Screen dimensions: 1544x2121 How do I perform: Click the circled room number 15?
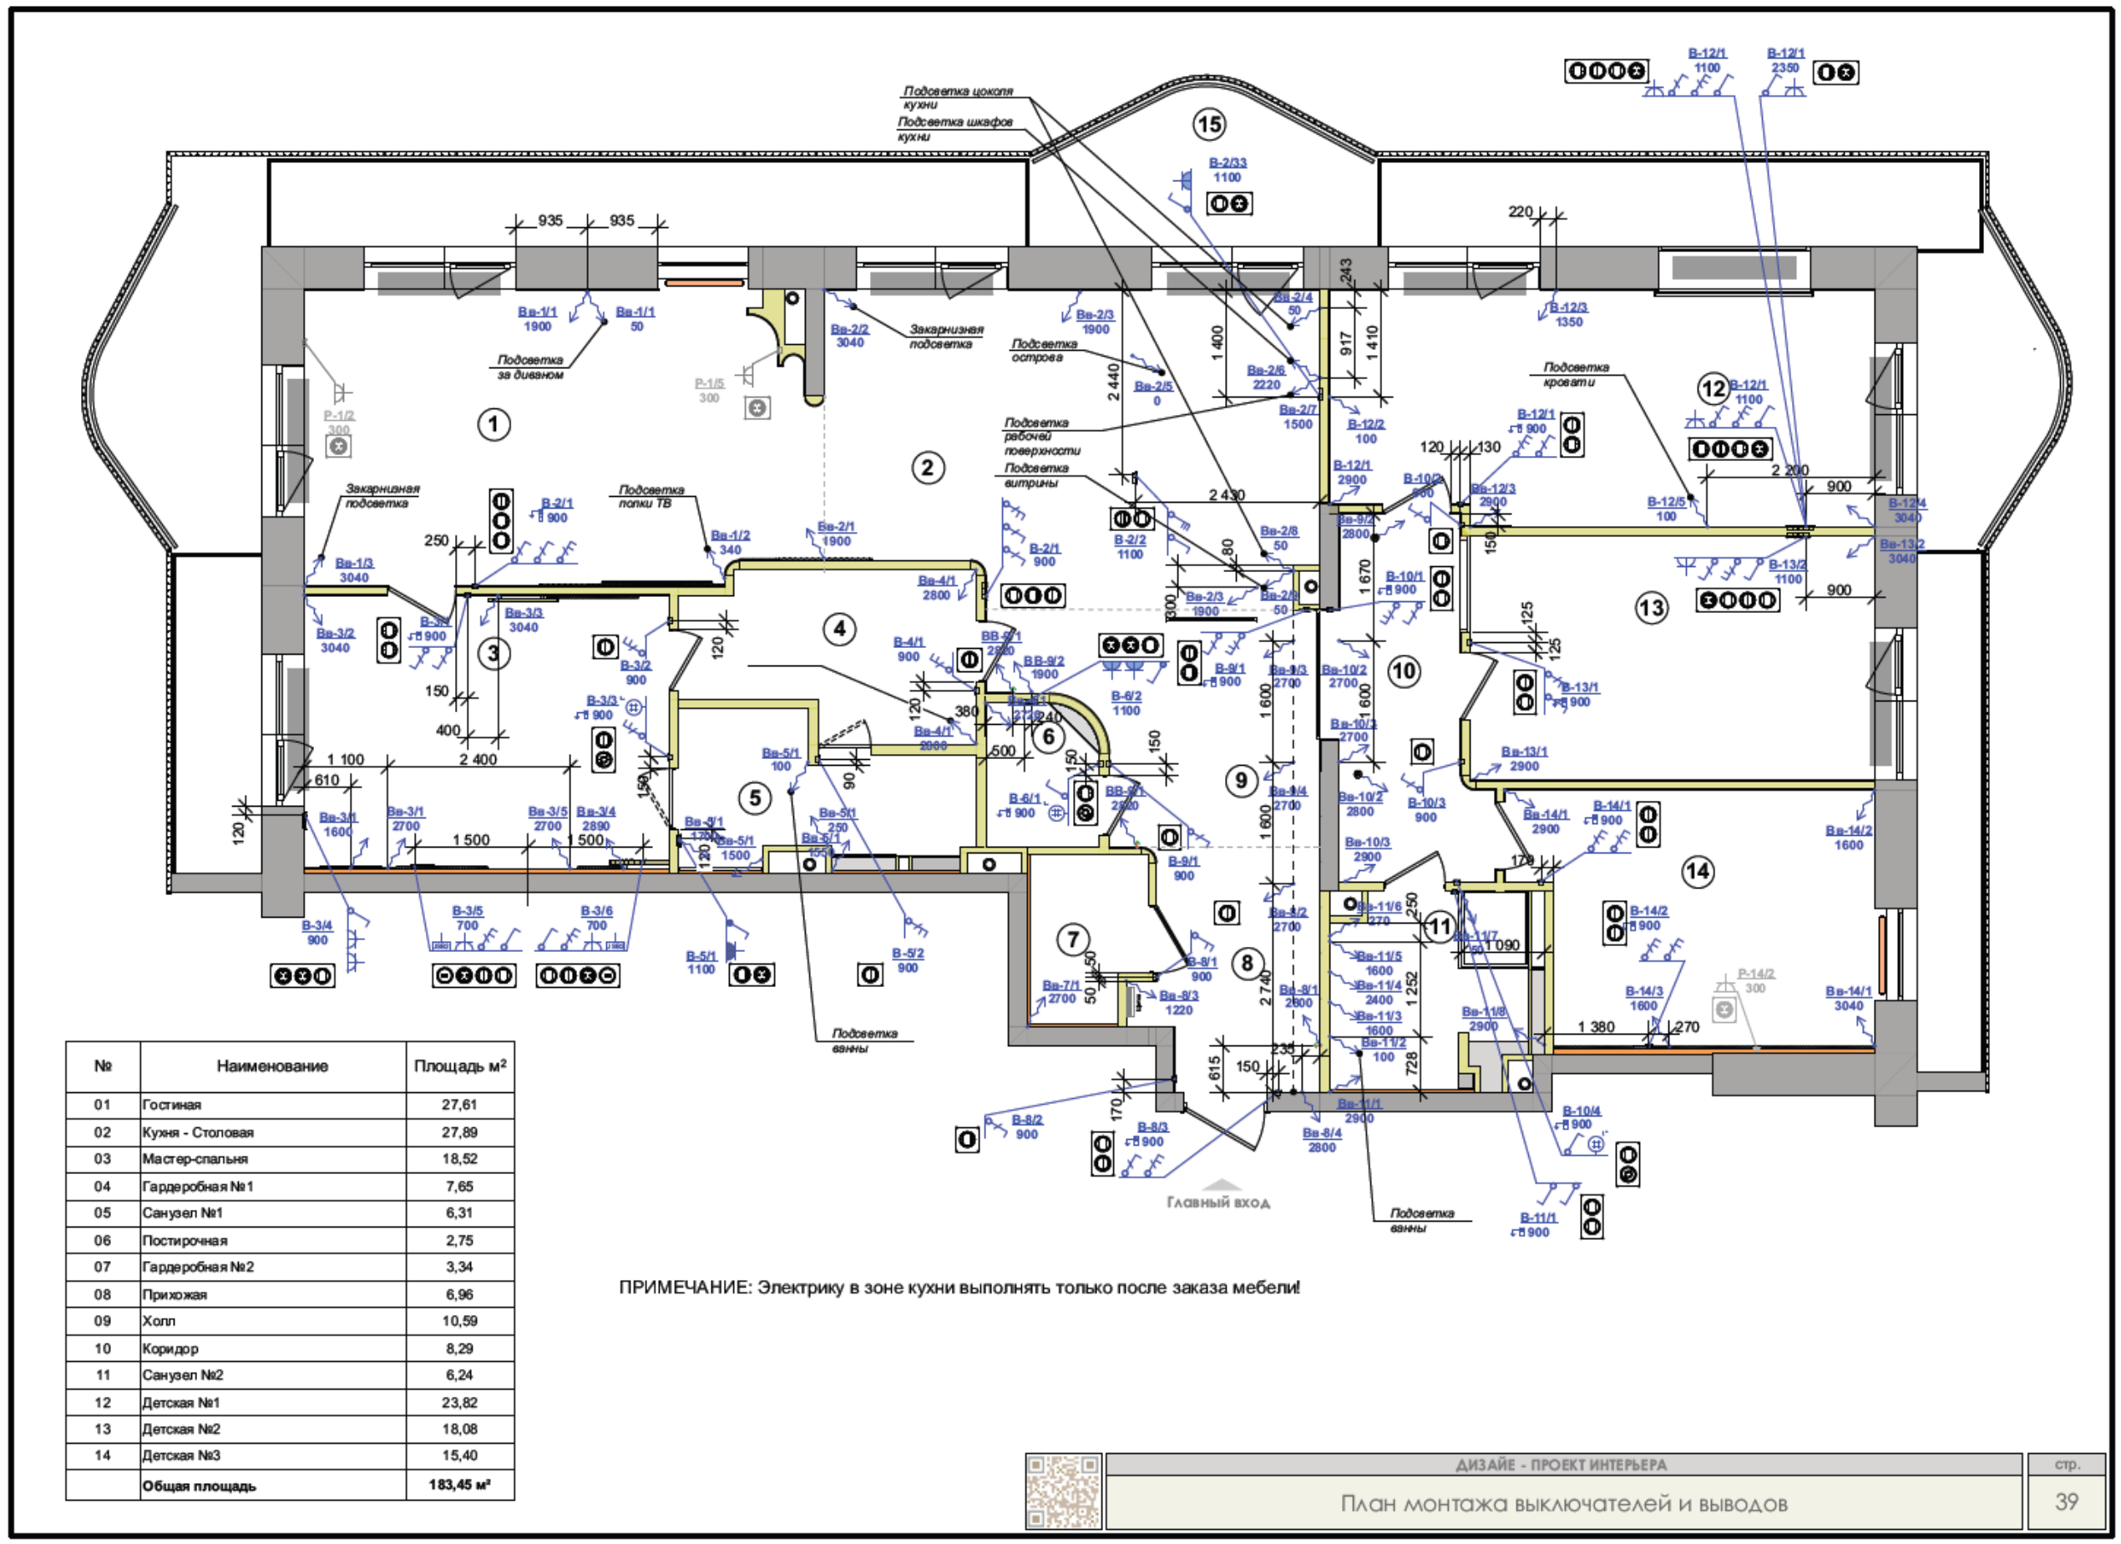click(1209, 124)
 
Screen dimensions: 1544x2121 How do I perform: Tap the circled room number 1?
click(494, 424)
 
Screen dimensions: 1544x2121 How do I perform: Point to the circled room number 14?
click(1697, 872)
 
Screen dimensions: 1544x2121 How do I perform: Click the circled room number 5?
click(755, 797)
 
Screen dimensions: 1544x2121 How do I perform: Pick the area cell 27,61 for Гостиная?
click(459, 1105)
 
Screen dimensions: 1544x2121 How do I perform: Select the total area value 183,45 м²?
click(459, 1484)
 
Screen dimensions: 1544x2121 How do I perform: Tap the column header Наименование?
click(272, 1066)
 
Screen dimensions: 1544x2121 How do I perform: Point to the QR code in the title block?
click(1063, 1491)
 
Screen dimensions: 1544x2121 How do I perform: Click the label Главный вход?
click(1217, 1202)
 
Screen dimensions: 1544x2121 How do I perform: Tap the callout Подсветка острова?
click(1044, 351)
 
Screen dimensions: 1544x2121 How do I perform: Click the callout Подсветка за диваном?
click(530, 367)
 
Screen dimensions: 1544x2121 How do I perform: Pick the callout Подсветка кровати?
click(1576, 375)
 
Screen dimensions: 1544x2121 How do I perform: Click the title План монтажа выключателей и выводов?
click(1564, 1504)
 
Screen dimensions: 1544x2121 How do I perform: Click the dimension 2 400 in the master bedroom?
click(478, 759)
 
